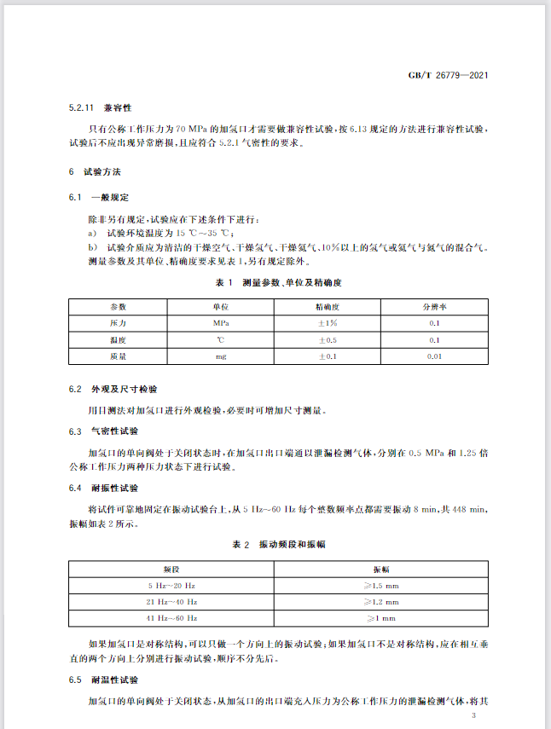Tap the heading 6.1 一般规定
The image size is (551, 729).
(x=98, y=197)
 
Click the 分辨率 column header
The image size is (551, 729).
(x=434, y=306)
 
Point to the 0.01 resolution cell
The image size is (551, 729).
(x=434, y=356)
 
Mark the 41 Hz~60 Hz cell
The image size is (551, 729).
(x=171, y=617)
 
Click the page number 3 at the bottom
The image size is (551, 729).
(x=484, y=715)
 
